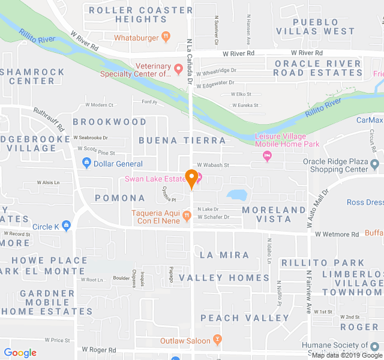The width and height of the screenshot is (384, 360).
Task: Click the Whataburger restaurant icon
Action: [166, 37]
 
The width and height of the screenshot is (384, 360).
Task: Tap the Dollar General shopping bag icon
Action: [86, 163]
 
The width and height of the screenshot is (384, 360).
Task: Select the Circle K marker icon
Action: [66, 226]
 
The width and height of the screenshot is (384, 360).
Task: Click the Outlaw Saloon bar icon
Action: [217, 340]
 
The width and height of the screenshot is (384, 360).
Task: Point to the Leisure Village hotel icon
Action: [268, 157]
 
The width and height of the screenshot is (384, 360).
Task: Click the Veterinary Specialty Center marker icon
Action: [178, 70]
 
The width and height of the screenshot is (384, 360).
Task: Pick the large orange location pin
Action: [191, 179]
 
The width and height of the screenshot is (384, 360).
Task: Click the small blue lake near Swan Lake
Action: [238, 194]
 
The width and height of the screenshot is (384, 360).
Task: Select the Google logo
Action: [20, 353]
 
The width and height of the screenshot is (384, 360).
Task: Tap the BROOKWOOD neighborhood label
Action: [109, 121]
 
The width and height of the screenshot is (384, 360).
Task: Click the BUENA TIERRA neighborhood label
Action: [182, 140]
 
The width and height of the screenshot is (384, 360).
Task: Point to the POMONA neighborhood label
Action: [120, 197]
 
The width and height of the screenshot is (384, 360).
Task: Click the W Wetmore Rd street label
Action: [337, 234]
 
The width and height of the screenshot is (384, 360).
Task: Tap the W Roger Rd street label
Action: [99, 349]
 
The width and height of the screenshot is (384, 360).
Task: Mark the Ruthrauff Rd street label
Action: [49, 119]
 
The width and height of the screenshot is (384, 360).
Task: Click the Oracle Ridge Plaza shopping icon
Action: [375, 164]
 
